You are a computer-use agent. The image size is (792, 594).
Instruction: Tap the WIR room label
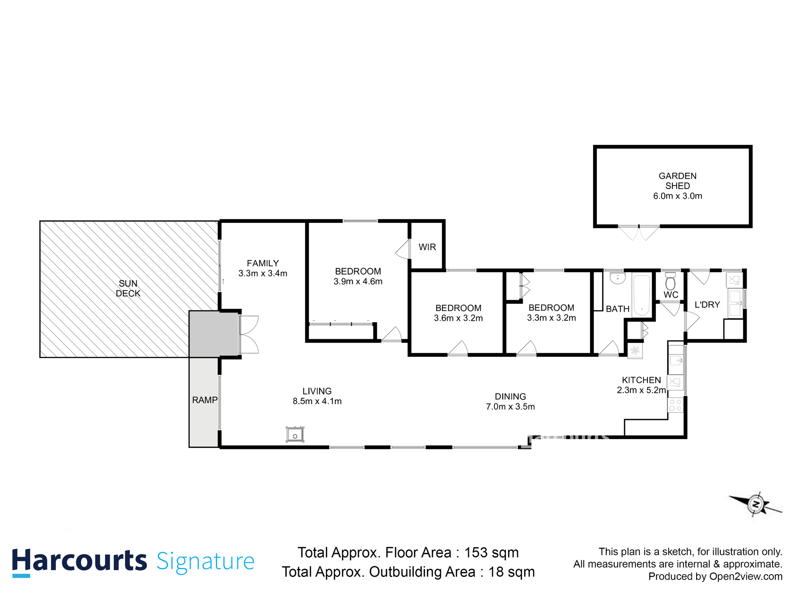(427, 247)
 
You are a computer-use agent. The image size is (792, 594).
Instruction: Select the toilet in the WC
(670, 282)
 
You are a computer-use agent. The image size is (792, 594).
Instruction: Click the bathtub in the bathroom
(642, 295)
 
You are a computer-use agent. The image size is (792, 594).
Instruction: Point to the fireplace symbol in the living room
(295, 434)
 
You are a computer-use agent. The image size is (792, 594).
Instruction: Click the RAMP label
(205, 400)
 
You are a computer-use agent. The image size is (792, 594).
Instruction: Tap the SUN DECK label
(128, 288)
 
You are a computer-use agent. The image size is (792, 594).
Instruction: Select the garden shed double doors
(639, 233)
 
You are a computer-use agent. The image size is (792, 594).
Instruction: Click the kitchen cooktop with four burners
(676, 405)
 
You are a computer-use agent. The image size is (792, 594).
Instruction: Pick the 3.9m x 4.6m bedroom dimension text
(358, 282)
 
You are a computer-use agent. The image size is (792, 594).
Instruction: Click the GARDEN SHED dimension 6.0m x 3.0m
(678, 196)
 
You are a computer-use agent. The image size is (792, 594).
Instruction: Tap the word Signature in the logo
(205, 562)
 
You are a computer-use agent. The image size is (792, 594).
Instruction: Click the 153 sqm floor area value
(491, 552)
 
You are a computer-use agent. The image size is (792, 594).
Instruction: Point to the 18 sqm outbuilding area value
(511, 572)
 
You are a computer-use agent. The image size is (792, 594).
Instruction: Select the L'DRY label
(707, 305)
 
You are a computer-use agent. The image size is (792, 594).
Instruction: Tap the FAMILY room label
(263, 263)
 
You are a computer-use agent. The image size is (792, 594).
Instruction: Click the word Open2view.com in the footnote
(746, 577)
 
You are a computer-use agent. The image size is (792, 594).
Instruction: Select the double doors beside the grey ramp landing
(249, 335)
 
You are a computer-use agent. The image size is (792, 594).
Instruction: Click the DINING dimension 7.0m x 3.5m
(510, 407)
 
